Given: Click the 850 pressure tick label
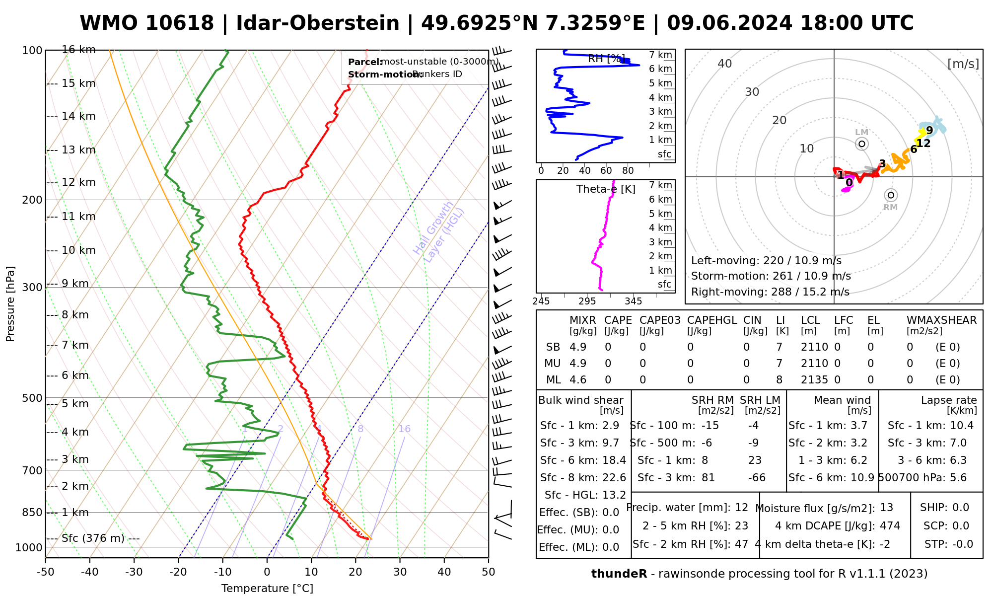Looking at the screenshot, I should pyautogui.click(x=32, y=512).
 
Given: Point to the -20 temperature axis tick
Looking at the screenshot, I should pyautogui.click(x=178, y=572).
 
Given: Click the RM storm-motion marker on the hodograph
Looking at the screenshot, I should pyautogui.click(x=891, y=195).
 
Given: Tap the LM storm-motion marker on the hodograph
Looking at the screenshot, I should pyautogui.click(x=862, y=144).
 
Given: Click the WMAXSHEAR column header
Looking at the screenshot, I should pyautogui.click(x=941, y=320).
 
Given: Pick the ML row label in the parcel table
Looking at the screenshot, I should pyautogui.click(x=553, y=380).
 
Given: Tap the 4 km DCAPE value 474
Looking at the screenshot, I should pyautogui.click(x=890, y=525).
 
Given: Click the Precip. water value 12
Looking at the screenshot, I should pyautogui.click(x=741, y=508).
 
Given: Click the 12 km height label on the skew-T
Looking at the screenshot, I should pyautogui.click(x=78, y=182).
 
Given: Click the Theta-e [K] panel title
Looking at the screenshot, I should pyautogui.click(x=606, y=189).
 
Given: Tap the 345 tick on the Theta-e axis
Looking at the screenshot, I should pyautogui.click(x=633, y=301).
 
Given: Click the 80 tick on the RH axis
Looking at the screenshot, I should pyautogui.click(x=628, y=171).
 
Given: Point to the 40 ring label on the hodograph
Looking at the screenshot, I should pyautogui.click(x=725, y=64).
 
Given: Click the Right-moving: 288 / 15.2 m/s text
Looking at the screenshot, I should pyautogui.click(x=770, y=292).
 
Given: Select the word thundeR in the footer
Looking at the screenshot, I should pyautogui.click(x=619, y=574).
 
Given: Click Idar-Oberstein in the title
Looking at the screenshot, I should pyautogui.click(x=318, y=23).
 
